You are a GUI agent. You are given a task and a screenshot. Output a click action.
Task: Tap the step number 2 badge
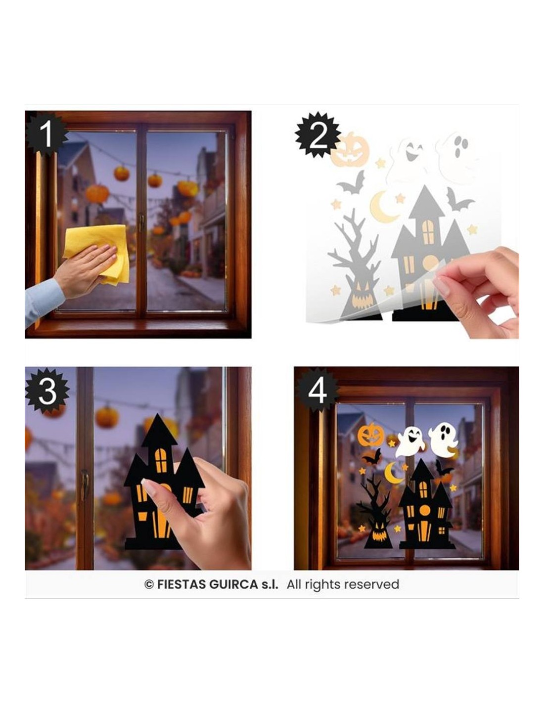pyautogui.click(x=317, y=135)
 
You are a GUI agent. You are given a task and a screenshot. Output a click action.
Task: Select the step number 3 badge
pyautogui.click(x=47, y=391)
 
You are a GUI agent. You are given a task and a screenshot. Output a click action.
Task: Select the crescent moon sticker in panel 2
pyautogui.click(x=382, y=207)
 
